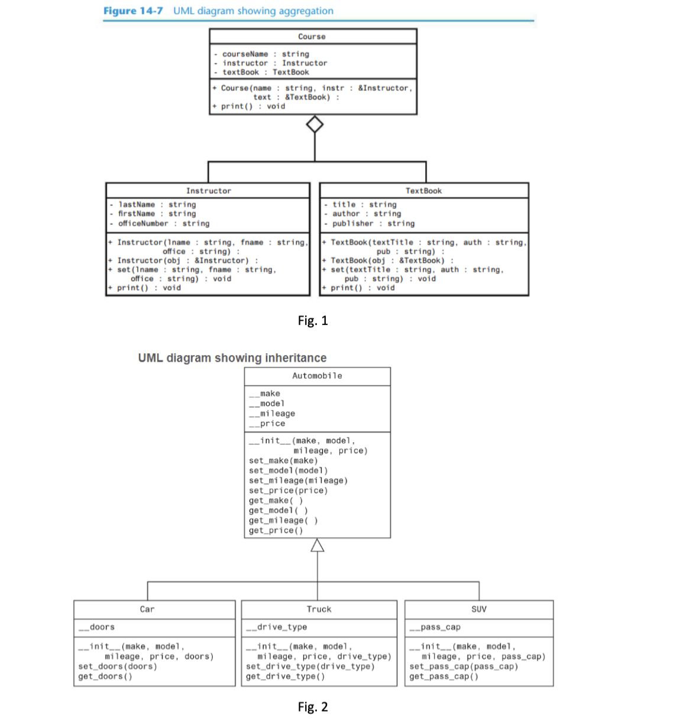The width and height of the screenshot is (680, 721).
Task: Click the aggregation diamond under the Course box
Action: coord(315,125)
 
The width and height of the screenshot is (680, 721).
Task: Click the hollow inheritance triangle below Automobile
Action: coord(318,545)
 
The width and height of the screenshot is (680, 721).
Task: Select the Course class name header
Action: coord(312,37)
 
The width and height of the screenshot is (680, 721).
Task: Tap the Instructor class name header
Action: coord(208,191)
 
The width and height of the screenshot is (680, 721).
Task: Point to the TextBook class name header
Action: coord(423,191)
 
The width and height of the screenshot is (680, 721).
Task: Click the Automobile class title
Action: coord(317,376)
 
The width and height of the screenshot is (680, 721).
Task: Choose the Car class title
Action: coord(147,609)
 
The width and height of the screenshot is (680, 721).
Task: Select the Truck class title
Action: coord(319,609)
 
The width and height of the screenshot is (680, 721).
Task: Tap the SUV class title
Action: coord(479,609)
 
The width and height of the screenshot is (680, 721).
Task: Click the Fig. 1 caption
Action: coord(312,320)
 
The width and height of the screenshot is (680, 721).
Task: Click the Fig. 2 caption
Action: coord(312,707)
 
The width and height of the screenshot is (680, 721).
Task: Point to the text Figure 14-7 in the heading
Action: coord(133,11)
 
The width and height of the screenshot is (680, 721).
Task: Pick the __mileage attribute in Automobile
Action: coord(273,414)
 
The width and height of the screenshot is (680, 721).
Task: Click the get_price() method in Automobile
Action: coord(276,531)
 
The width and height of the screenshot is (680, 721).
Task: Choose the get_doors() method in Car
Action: coord(105,677)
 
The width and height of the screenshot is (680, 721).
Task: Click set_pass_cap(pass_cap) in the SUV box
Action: coord(464,667)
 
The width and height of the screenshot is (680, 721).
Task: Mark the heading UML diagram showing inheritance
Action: coord(232,358)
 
